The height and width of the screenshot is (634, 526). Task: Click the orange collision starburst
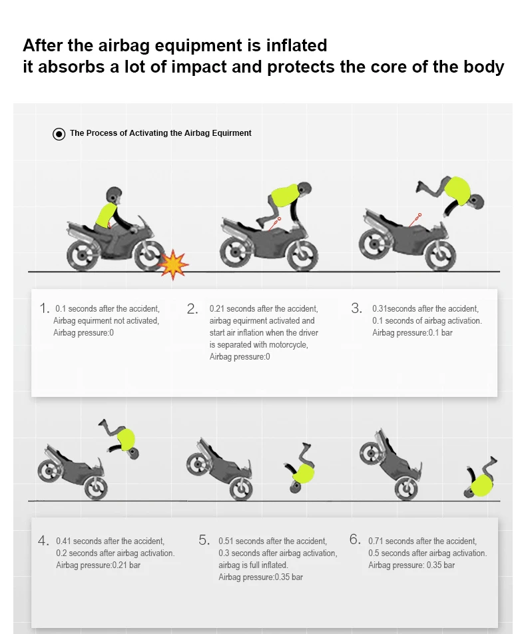tap(174, 264)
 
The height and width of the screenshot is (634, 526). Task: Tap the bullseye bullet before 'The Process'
tap(59, 134)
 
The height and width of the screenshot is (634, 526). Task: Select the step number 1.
tap(45, 308)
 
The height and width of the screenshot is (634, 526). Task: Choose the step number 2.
tap(192, 308)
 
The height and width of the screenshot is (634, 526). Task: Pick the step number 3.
tap(356, 308)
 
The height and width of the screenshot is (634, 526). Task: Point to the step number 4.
tap(43, 540)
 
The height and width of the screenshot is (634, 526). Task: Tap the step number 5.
tap(204, 540)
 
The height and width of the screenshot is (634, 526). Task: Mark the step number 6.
tap(355, 540)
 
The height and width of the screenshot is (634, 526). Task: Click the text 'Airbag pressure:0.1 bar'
tap(411, 332)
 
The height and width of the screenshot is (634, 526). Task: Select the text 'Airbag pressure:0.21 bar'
tap(98, 565)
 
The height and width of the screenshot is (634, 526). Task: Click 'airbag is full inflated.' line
tap(253, 565)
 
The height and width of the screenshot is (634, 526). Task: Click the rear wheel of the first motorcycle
tap(81, 256)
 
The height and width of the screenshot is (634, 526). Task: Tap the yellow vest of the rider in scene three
tap(456, 189)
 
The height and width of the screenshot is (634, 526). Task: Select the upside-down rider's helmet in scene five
tap(294, 487)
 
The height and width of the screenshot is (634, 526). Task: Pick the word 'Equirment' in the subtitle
tap(230, 133)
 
